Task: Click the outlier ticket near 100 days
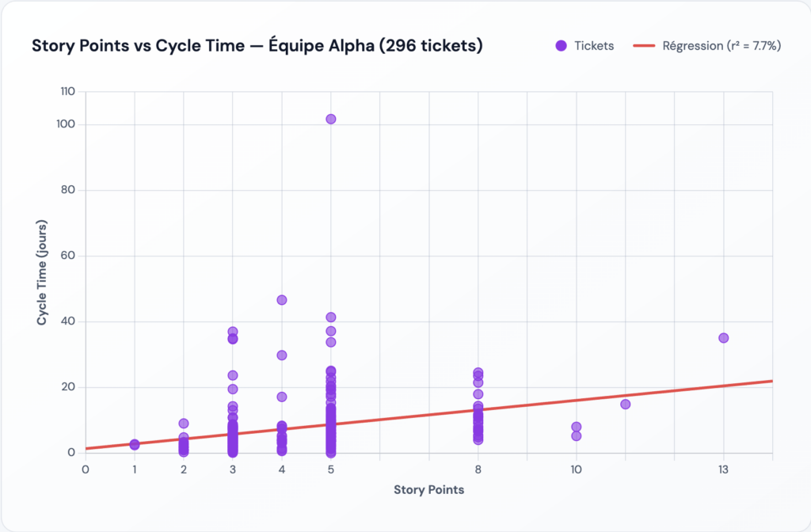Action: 331,120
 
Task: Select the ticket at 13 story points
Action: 723,338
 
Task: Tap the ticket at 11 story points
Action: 625,405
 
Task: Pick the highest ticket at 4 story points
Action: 281,300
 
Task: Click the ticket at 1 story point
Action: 135,445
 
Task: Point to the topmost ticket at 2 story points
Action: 184,424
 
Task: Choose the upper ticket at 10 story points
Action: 576,427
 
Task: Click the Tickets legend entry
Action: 584,46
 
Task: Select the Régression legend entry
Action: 707,46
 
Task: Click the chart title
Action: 257,46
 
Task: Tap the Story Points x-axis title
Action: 428,489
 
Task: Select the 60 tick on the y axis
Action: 68,256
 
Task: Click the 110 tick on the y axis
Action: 67,92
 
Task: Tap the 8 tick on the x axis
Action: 478,469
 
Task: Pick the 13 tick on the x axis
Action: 723,469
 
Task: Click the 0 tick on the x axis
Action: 86,469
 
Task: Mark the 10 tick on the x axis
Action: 576,469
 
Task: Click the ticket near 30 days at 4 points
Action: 281,355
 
